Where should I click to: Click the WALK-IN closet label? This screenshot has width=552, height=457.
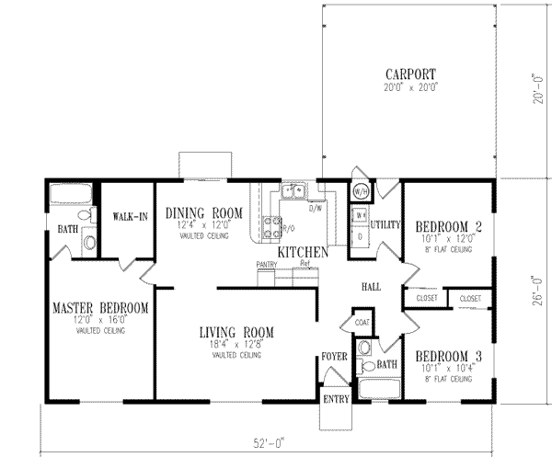coord(126,217)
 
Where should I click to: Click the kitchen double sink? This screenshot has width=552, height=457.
coord(293,191)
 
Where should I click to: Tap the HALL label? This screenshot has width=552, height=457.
coord(371,286)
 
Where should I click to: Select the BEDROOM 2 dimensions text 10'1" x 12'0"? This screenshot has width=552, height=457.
coord(443,236)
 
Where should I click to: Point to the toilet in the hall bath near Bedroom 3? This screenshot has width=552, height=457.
coord(365,349)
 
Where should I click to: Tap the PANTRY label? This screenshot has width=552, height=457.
coord(267,264)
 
